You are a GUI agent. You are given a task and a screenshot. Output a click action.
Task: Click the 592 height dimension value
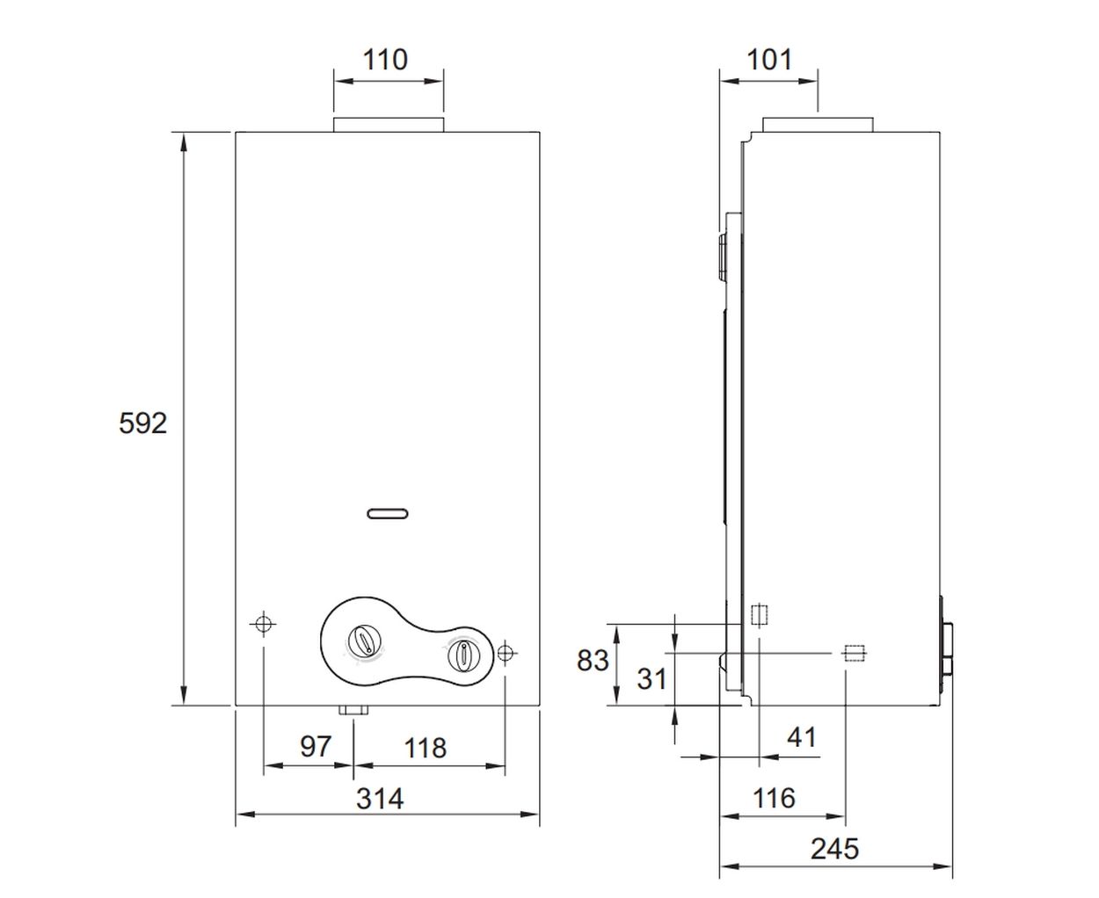tap(142, 423)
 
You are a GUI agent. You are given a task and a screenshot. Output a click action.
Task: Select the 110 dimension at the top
tap(385, 60)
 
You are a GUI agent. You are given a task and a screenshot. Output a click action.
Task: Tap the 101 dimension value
tap(769, 60)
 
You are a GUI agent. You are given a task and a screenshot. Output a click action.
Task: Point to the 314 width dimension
tap(380, 799)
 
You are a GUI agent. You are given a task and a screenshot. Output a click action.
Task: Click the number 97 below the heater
tap(316, 746)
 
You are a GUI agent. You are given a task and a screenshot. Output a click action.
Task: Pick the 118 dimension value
tap(426, 748)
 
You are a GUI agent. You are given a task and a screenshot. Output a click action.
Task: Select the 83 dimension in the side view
tap(593, 661)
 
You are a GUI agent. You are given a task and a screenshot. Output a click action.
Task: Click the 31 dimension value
tap(651, 678)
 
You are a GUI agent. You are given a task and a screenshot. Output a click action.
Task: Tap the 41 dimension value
tap(802, 737)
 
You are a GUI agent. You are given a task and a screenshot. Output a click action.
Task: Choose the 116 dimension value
tap(774, 798)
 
